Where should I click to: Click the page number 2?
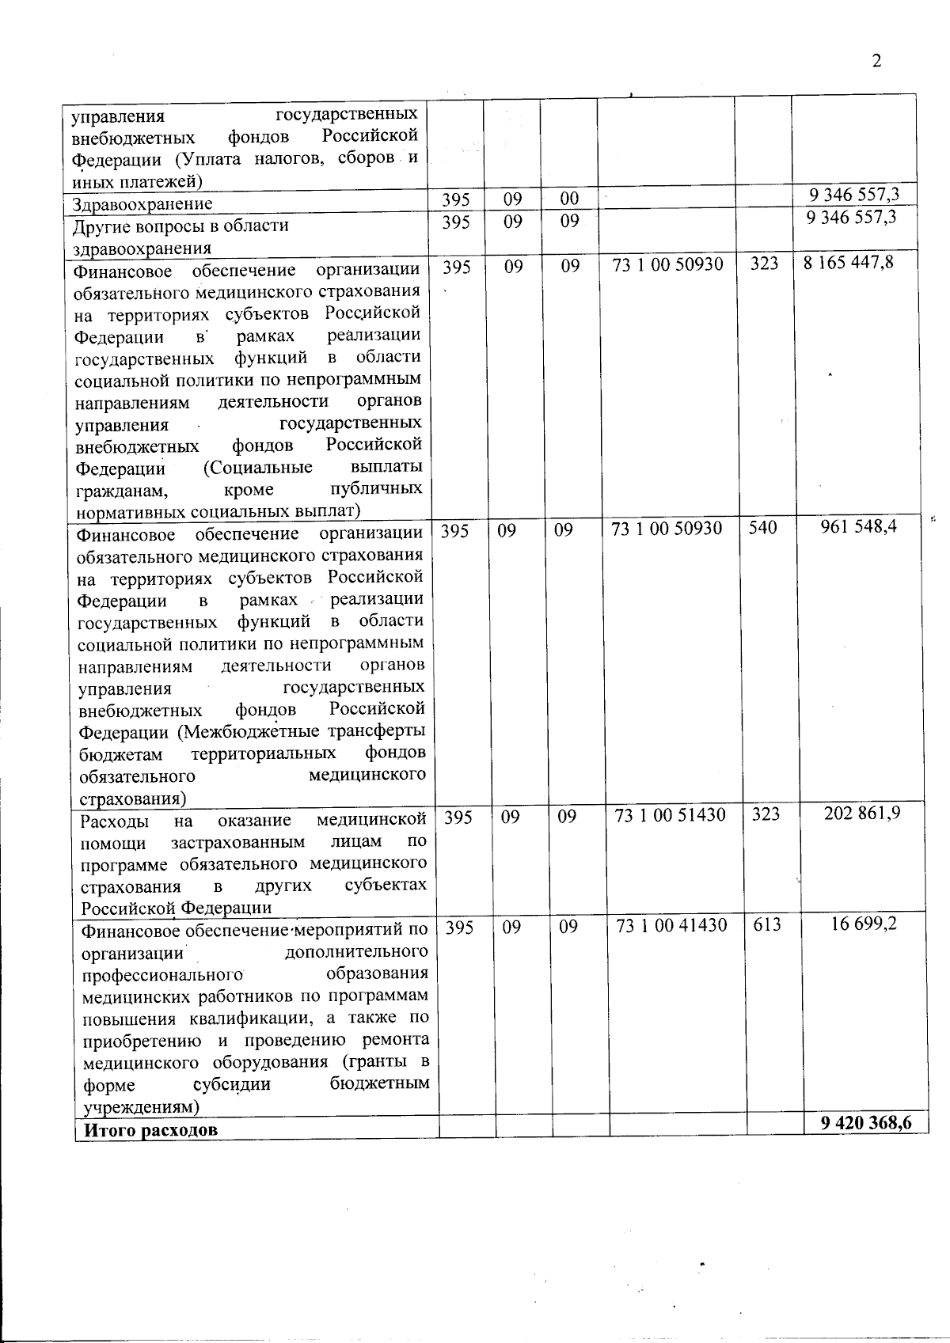point(876,62)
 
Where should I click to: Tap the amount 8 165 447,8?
point(848,263)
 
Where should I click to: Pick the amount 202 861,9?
point(861,813)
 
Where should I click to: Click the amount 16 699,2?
point(863,923)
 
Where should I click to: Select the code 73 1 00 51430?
point(670,814)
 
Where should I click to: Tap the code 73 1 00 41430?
point(671,924)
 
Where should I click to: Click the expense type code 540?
point(762,528)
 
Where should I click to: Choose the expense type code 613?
point(766,924)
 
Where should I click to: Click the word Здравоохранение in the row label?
point(142,204)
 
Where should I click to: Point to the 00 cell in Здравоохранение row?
point(569,199)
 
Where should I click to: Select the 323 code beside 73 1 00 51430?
point(766,814)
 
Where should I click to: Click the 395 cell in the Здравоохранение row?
point(455,199)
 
